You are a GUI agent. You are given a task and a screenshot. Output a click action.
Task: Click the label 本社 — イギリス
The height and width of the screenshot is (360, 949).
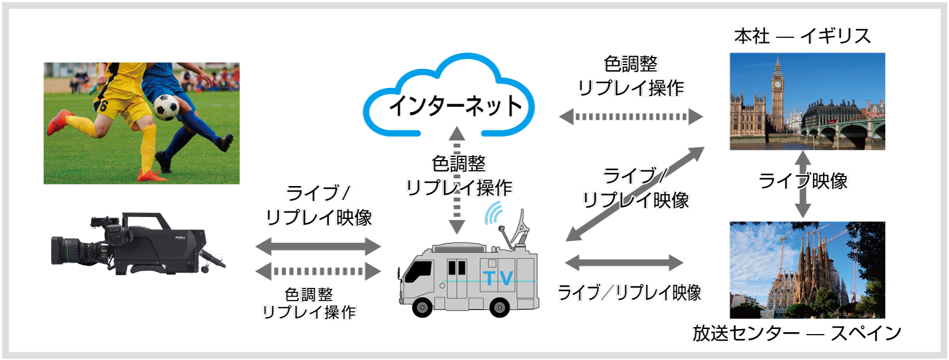point(802,37)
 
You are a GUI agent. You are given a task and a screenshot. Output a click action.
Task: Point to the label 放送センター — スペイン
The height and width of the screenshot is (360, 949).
point(797,333)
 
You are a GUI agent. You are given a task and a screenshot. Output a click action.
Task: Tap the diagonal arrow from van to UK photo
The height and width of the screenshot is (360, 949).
point(635,194)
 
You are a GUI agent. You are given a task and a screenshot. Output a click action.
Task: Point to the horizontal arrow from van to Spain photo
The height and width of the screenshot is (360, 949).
point(624,262)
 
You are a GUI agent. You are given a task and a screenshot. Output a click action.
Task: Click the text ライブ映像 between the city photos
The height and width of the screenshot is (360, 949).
point(803,182)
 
